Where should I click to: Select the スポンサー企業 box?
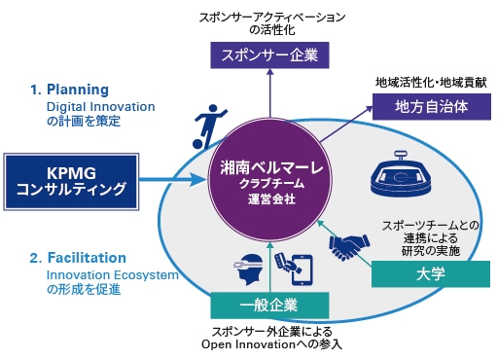click(267, 54)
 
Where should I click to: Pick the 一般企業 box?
click(267, 305)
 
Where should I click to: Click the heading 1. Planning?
click(69, 89)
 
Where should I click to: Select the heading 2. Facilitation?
click(77, 258)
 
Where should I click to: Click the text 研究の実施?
click(428, 250)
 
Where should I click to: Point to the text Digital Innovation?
click(101, 106)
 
